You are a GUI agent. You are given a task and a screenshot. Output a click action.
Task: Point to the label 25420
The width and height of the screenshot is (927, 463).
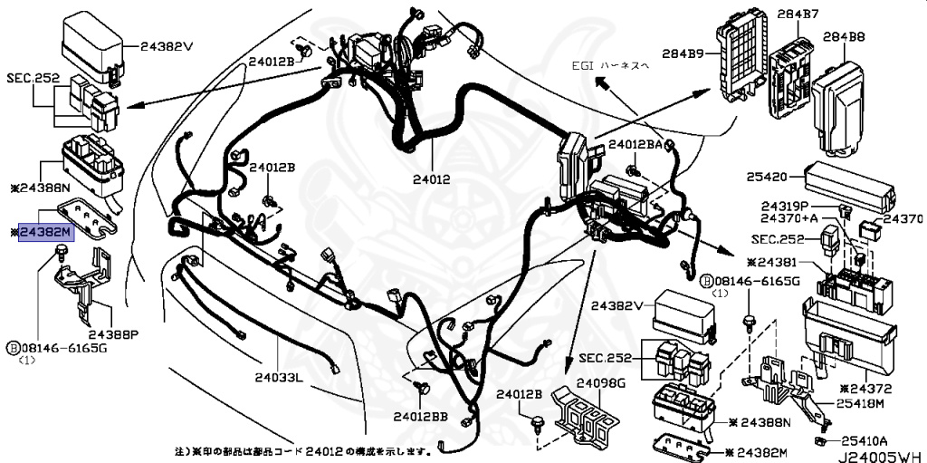pos(769,177)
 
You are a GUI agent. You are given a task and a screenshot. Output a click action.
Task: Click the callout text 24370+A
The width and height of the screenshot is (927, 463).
pos(788,218)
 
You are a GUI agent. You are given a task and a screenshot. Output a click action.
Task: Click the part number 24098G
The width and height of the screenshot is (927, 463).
pos(601,383)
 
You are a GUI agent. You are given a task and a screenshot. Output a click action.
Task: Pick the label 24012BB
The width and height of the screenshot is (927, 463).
pos(421,417)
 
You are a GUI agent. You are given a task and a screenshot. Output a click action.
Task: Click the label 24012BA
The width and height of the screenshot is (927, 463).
pos(641,145)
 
